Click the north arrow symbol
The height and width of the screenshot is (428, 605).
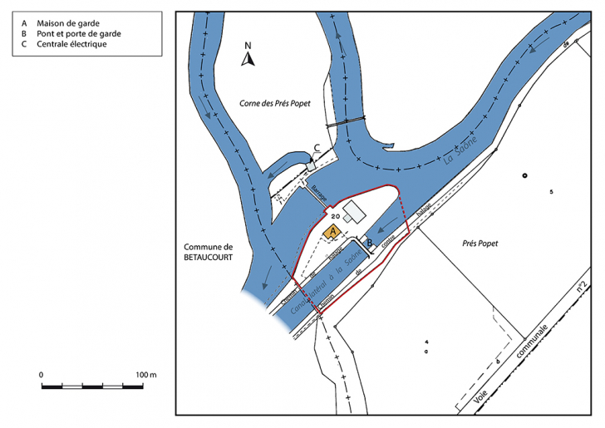point(247,58)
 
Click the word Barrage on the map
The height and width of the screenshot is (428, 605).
point(317,194)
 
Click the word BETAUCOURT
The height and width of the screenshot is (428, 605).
point(208,258)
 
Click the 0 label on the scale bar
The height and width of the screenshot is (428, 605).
point(42,375)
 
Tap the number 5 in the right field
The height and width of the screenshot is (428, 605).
point(551,193)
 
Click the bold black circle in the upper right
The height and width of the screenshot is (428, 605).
point(524,175)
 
